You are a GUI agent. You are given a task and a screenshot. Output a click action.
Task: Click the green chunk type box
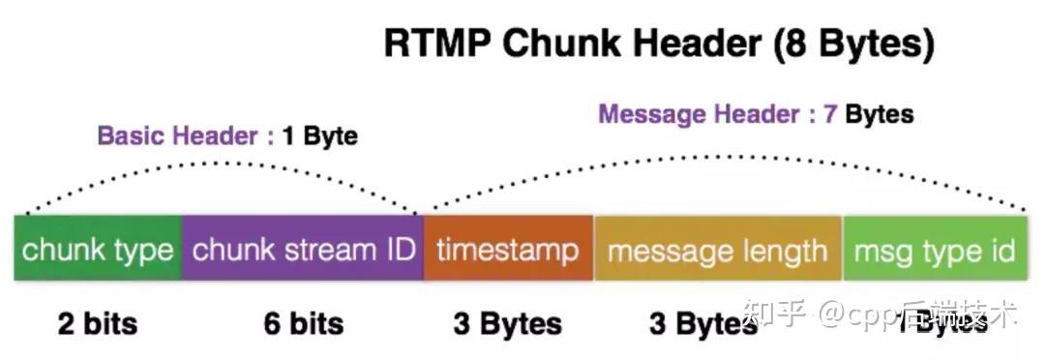(98, 251)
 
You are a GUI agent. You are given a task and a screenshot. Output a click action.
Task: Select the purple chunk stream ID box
(303, 251)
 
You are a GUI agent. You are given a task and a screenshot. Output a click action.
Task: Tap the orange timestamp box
(508, 251)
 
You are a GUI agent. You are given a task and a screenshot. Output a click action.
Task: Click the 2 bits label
(98, 322)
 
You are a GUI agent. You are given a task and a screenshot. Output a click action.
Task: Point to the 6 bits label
(303, 322)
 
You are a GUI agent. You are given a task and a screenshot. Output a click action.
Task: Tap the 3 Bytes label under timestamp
(507, 322)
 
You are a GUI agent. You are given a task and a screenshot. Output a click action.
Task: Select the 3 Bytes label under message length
(703, 322)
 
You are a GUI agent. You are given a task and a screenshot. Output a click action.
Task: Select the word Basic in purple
(131, 136)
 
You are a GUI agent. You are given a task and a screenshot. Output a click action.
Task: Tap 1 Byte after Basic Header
(320, 136)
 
